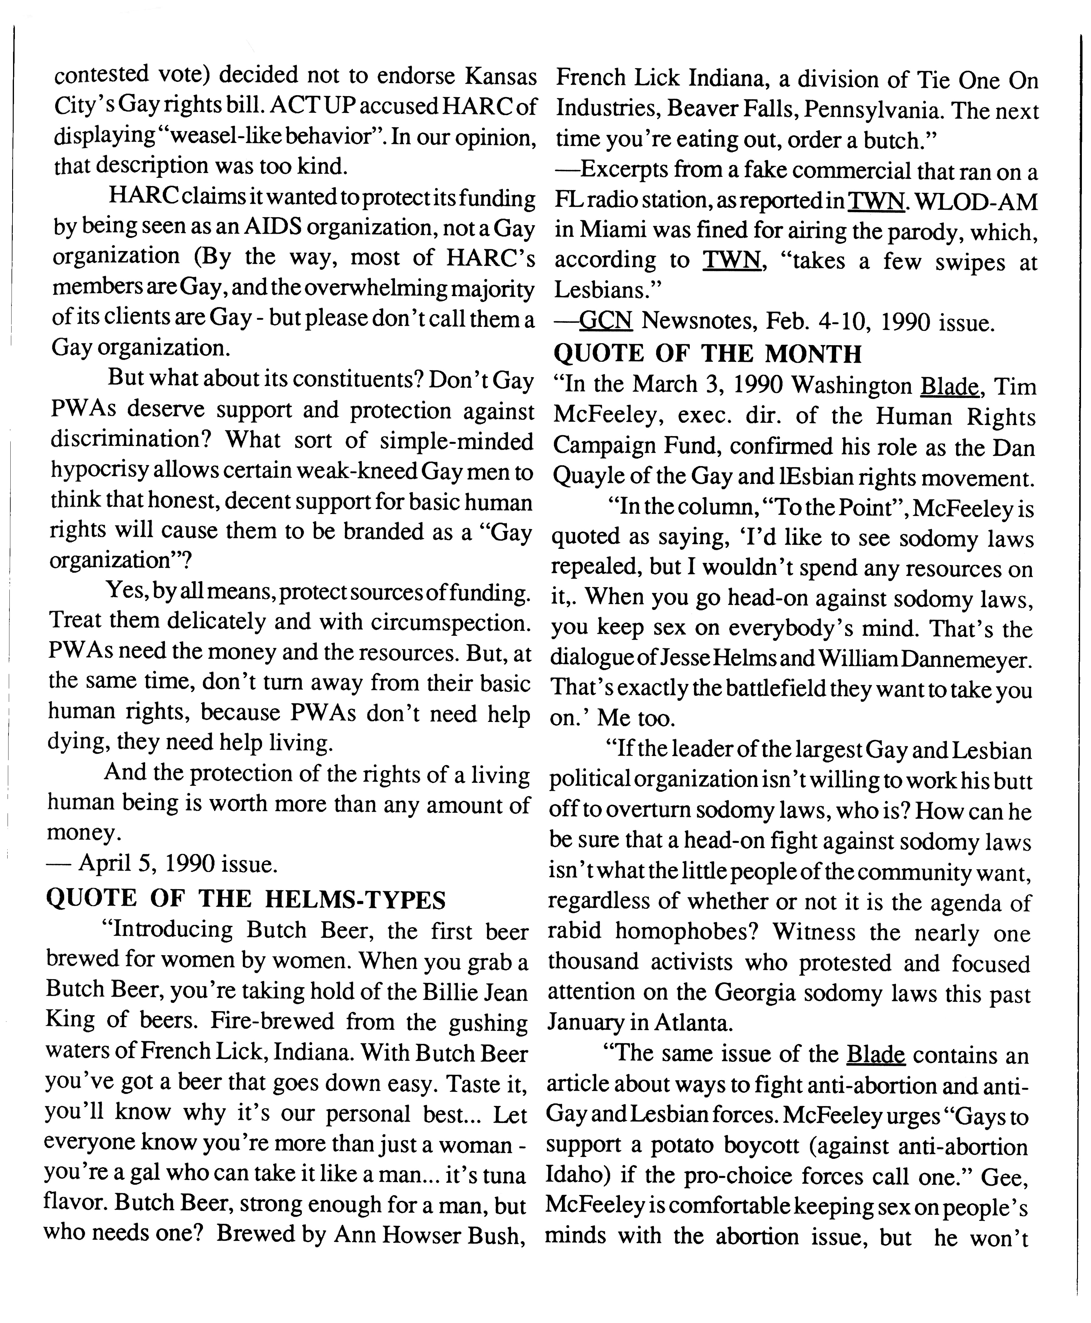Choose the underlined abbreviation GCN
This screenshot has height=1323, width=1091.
(x=605, y=322)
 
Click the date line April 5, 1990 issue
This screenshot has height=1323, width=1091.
(x=162, y=865)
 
